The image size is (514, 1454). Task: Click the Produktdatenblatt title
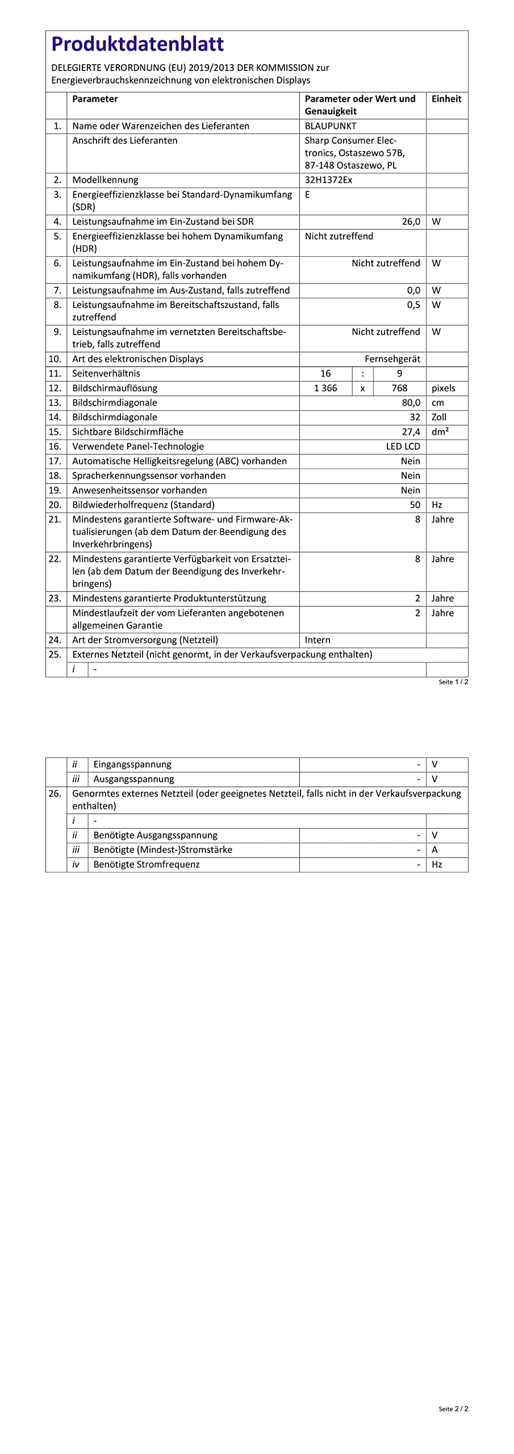tap(137, 44)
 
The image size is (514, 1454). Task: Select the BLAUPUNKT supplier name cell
tap(331, 126)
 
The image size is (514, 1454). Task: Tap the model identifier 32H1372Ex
tap(328, 180)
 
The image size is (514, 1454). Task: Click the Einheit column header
tap(446, 99)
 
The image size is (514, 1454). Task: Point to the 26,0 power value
tap(411, 222)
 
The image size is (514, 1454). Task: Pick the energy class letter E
tap(308, 194)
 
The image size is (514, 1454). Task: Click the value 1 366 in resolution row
tap(325, 388)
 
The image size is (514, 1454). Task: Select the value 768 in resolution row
tap(399, 388)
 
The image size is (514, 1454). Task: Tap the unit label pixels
tap(444, 388)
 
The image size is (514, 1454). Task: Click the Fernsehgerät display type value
tap(392, 359)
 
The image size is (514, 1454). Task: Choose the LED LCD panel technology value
tap(403, 446)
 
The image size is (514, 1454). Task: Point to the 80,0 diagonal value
tap(411, 403)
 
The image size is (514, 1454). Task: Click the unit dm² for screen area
tap(440, 432)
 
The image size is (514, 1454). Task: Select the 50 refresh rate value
tap(415, 505)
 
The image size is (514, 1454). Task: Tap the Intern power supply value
tap(317, 640)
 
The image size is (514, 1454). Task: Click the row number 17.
tap(55, 461)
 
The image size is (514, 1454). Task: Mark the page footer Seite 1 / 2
tap(453, 682)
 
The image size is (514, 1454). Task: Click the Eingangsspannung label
tap(132, 764)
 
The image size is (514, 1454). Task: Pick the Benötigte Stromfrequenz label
tap(147, 864)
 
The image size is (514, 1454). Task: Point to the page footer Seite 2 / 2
tap(453, 1409)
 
